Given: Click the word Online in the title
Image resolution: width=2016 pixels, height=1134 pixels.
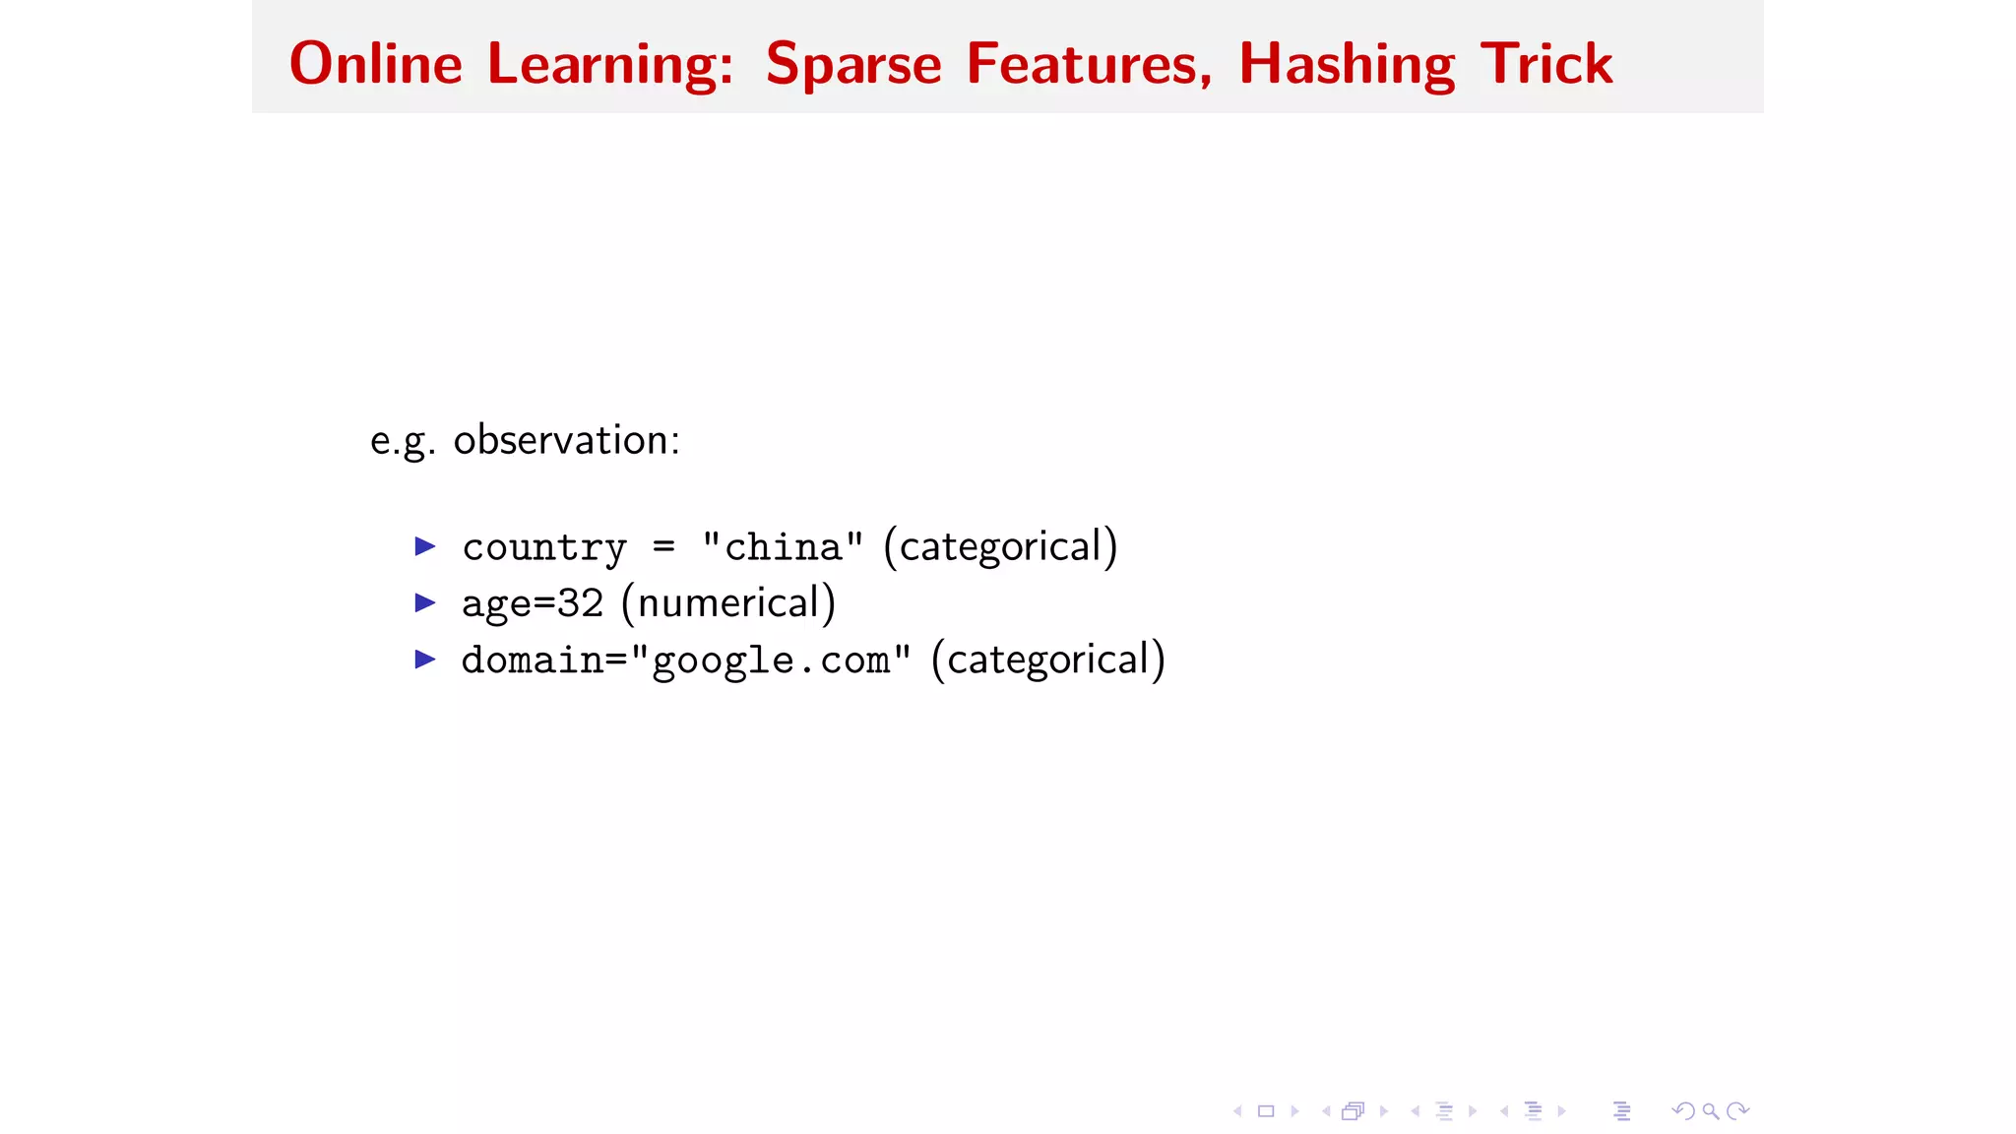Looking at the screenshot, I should point(375,64).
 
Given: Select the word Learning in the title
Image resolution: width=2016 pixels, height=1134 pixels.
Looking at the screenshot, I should point(610,65).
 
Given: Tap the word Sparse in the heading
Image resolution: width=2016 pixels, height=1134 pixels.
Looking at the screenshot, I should point(853,65).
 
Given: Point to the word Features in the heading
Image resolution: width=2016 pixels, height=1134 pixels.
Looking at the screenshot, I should point(1089,65).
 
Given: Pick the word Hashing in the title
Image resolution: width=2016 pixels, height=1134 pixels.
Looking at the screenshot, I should point(1347,65).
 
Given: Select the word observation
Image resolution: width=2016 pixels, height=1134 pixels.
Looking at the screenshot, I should point(566,440).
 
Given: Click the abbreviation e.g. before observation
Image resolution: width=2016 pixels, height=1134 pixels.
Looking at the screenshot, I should point(403,441).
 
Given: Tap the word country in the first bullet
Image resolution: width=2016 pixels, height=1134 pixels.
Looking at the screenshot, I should point(544,547).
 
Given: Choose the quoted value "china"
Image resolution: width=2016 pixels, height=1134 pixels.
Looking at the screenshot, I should point(783,546).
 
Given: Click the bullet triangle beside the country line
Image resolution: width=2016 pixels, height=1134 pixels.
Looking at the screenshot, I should point(425,545).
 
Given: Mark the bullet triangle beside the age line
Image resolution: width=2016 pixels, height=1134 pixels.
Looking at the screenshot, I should point(425,602).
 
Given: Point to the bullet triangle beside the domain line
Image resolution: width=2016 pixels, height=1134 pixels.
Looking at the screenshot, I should point(425,659).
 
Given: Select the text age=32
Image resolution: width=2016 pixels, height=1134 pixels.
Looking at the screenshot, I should point(533,603).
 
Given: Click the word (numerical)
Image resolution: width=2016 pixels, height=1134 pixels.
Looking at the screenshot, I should point(728,603).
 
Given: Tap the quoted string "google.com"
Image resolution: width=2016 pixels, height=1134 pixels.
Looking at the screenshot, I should point(771,661).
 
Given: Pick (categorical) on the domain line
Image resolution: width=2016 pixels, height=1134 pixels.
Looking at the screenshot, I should point(1048,660).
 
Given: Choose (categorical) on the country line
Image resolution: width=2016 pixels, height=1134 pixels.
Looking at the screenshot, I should point(1000,546).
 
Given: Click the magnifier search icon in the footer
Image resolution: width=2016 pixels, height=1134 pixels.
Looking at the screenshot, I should point(1711,1111).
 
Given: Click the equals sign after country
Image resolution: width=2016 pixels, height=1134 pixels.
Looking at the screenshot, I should point(664,547).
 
